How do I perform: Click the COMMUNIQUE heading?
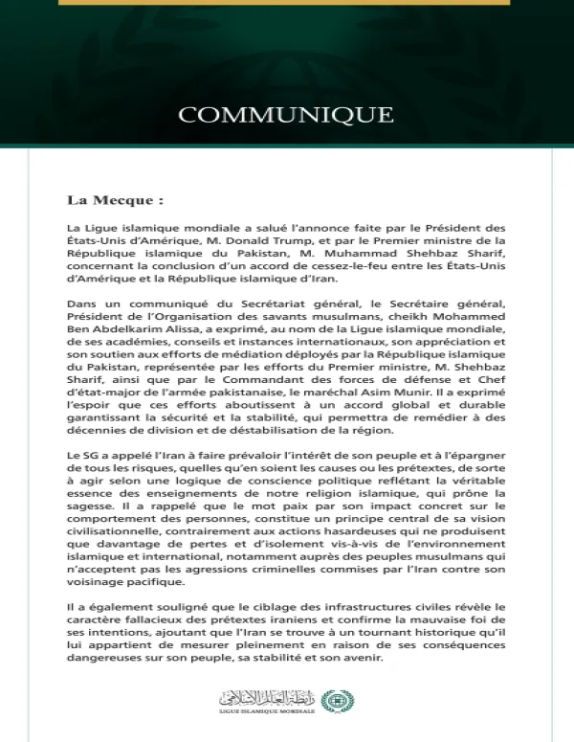tap(286, 115)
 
